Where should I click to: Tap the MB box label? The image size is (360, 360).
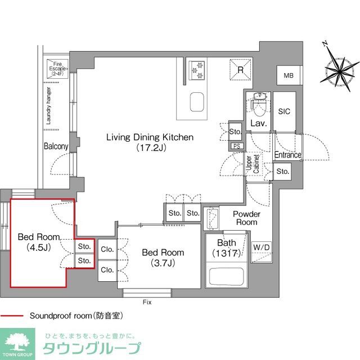288,76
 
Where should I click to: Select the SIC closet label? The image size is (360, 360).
285,111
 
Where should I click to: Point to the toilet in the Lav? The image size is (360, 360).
259,102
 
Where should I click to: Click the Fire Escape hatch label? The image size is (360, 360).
58,69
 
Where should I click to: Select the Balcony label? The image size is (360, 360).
56,146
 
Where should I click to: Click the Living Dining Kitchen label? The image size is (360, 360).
151,142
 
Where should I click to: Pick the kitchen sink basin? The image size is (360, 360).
196,102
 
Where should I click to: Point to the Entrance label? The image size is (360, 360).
287,155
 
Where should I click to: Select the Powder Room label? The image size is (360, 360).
246,218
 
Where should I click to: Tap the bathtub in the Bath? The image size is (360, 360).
224,276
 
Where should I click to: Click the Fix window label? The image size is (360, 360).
147,302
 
